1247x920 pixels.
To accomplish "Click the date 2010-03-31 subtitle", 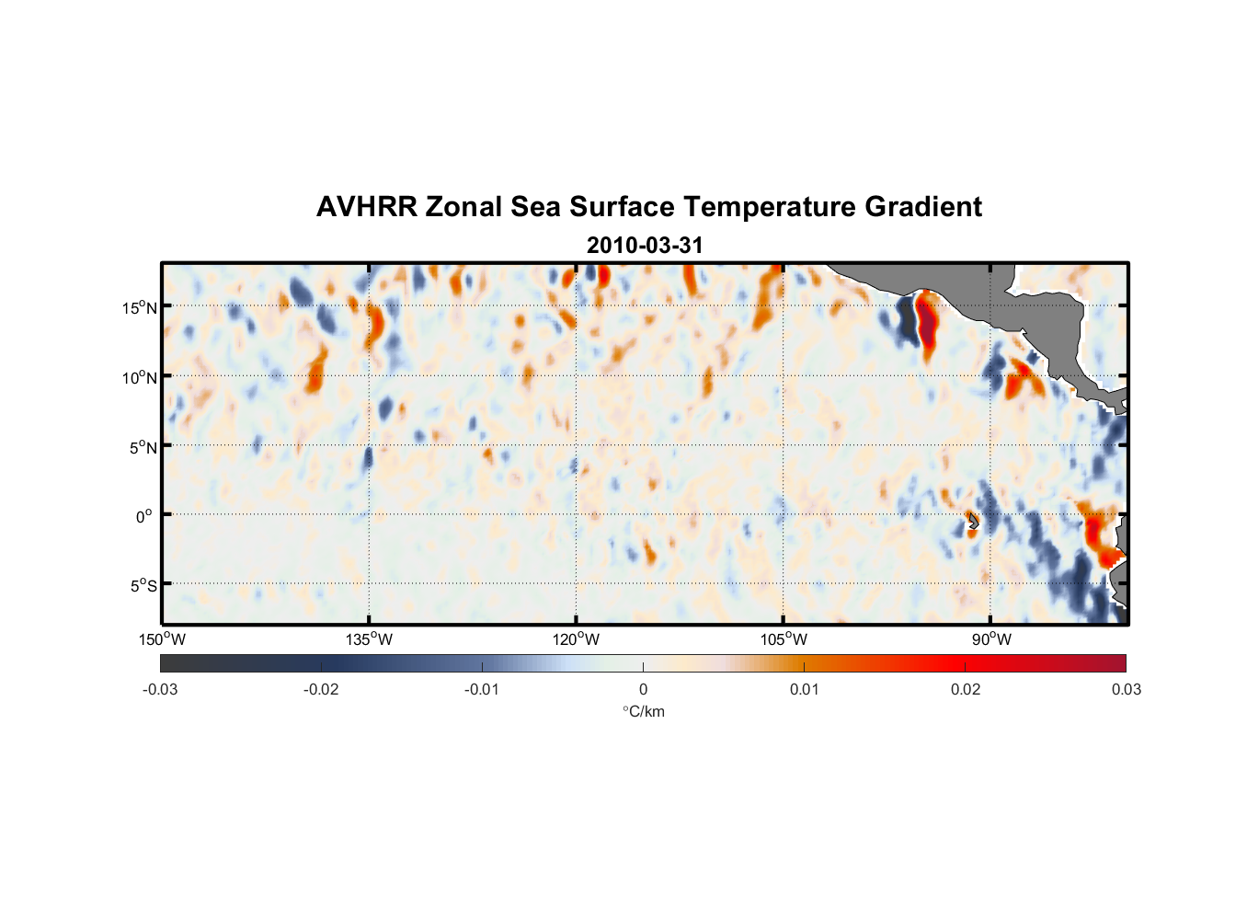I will pos(645,246).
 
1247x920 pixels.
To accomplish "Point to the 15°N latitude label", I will pos(140,307).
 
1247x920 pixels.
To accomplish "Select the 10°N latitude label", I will pos(140,377).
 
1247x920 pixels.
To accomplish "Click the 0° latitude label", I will pos(144,516).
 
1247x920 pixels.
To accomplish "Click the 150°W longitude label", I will pos(163,639).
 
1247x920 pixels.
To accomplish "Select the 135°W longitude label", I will pos(370,639).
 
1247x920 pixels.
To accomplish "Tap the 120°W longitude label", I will pos(577,639).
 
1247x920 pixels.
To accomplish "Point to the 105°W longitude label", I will pos(784,639).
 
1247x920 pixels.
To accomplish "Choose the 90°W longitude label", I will pos(990,639).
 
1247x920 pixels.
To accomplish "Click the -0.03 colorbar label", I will pos(160,689).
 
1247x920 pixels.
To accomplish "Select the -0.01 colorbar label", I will pos(482,689).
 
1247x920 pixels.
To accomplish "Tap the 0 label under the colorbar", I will pos(643,689).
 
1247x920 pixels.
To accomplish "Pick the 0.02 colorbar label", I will pos(966,689).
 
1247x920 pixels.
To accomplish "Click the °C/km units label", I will pos(643,711).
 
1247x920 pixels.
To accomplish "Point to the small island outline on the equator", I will pos(973,522).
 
